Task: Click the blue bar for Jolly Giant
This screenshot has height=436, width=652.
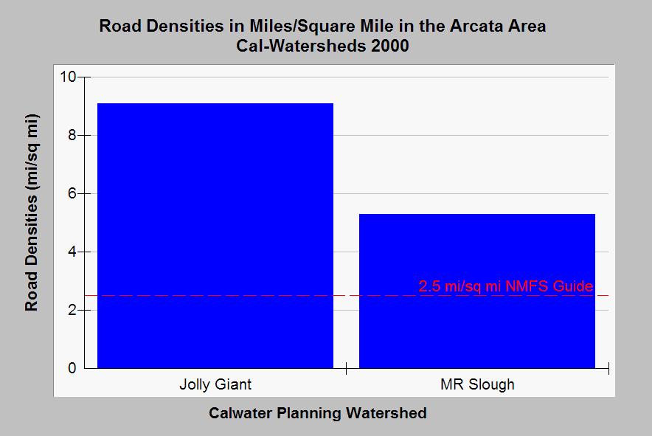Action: [x=215, y=235]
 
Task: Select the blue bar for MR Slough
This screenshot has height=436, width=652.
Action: [x=477, y=291]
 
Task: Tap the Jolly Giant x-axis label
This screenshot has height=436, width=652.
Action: [x=215, y=384]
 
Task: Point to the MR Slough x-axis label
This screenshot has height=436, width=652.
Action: [x=477, y=384]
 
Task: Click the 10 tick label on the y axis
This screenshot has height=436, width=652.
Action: [x=68, y=77]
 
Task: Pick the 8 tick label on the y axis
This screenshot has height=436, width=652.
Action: [x=72, y=135]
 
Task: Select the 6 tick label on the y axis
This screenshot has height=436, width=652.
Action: [x=72, y=193]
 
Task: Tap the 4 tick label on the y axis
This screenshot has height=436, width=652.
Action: [x=72, y=252]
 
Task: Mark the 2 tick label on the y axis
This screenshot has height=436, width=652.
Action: [x=72, y=310]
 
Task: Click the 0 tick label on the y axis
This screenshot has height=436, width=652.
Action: [x=72, y=368]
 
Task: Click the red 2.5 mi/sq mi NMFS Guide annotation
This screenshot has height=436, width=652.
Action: [x=506, y=286]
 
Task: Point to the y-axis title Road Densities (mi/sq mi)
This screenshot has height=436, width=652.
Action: [x=31, y=212]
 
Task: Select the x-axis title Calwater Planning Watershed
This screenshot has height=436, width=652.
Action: [x=318, y=413]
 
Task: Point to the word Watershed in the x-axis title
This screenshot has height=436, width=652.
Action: [x=386, y=413]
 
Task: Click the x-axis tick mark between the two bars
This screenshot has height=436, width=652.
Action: [x=347, y=368]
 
